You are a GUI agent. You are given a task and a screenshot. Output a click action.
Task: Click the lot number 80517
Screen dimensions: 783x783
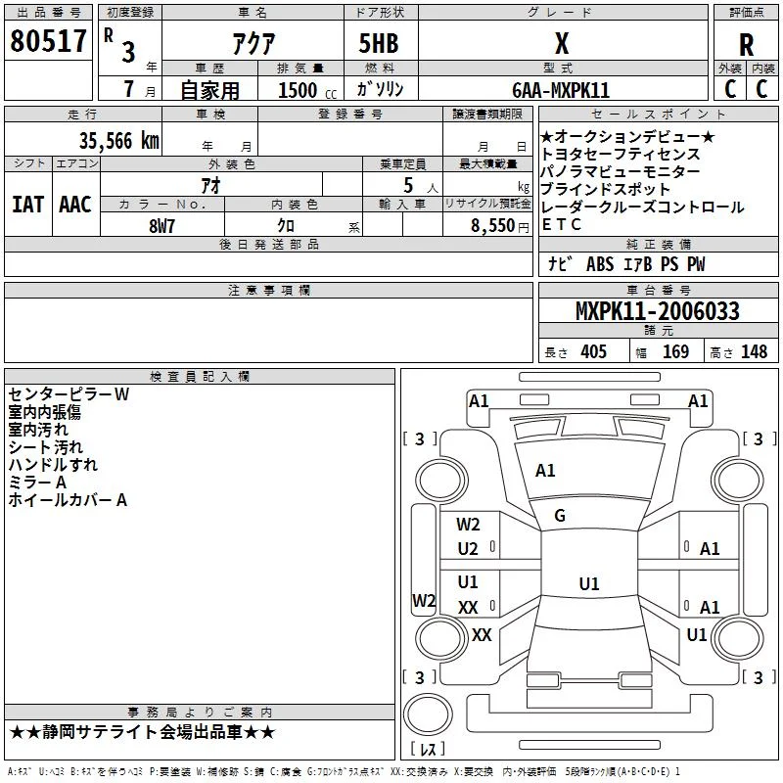tap(48, 41)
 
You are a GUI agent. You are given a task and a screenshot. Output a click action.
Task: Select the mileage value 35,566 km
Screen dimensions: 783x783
tap(118, 141)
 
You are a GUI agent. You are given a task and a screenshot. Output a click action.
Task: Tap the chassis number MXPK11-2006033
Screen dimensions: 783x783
tap(657, 311)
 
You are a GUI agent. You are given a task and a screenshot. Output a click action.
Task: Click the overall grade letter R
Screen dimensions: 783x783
tap(746, 45)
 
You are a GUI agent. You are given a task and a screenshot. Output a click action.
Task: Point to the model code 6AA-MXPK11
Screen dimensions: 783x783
tap(561, 90)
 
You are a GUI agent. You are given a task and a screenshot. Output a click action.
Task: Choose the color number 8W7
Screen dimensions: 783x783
tap(161, 226)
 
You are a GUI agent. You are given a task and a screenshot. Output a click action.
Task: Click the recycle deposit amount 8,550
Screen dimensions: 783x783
tap(492, 225)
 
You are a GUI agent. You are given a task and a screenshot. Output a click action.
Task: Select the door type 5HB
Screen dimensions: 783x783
tap(379, 43)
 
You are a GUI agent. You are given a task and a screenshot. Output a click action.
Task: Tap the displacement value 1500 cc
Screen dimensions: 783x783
tap(307, 90)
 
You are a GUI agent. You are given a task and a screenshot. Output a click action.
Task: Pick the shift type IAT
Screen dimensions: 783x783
tap(28, 205)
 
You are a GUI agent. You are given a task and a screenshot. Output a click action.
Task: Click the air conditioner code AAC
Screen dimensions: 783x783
tap(75, 205)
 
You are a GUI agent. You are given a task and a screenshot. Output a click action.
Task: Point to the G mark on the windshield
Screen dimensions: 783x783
tap(560, 516)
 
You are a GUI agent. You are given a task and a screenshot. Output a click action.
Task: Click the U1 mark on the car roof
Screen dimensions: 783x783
tap(589, 583)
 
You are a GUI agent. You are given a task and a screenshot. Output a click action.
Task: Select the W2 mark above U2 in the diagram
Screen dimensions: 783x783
tap(468, 525)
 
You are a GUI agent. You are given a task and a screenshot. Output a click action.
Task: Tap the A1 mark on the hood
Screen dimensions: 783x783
tap(545, 471)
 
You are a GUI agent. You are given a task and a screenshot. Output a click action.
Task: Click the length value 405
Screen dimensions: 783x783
tap(593, 351)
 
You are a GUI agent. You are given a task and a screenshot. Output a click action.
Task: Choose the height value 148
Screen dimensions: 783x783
tap(754, 351)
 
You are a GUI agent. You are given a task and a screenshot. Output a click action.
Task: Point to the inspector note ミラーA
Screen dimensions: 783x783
tap(37, 483)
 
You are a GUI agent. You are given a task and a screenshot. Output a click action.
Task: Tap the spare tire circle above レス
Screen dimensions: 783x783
tap(428, 714)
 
